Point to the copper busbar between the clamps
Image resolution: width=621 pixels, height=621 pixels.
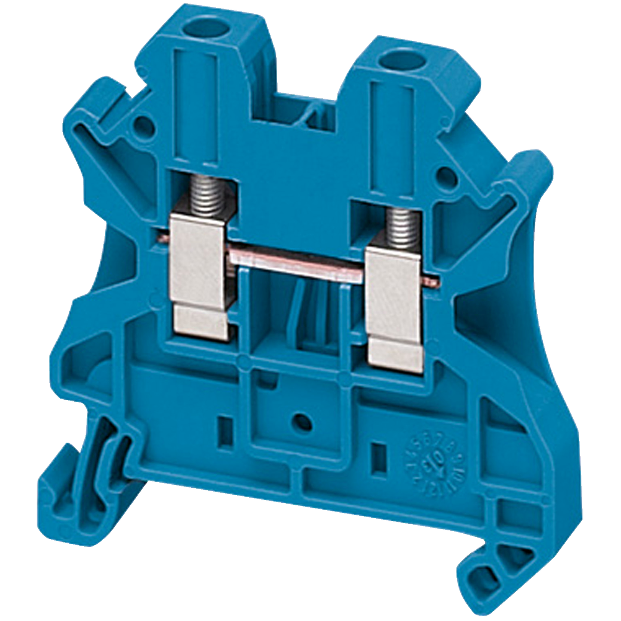coord(297,260)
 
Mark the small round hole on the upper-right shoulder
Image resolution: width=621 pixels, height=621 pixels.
coord(445,175)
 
